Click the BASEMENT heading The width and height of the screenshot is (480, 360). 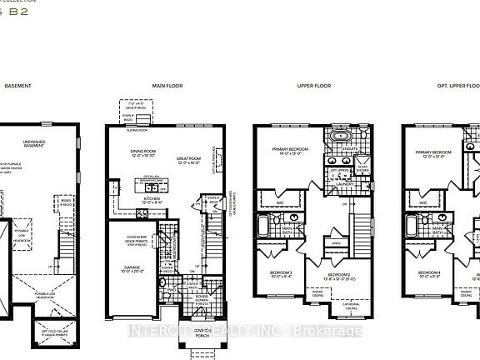tap(19, 86)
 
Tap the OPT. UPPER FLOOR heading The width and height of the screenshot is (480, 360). tap(449, 86)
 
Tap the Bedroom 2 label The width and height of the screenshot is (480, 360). tap(337, 275)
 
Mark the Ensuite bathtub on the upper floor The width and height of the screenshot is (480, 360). tap(340, 134)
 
